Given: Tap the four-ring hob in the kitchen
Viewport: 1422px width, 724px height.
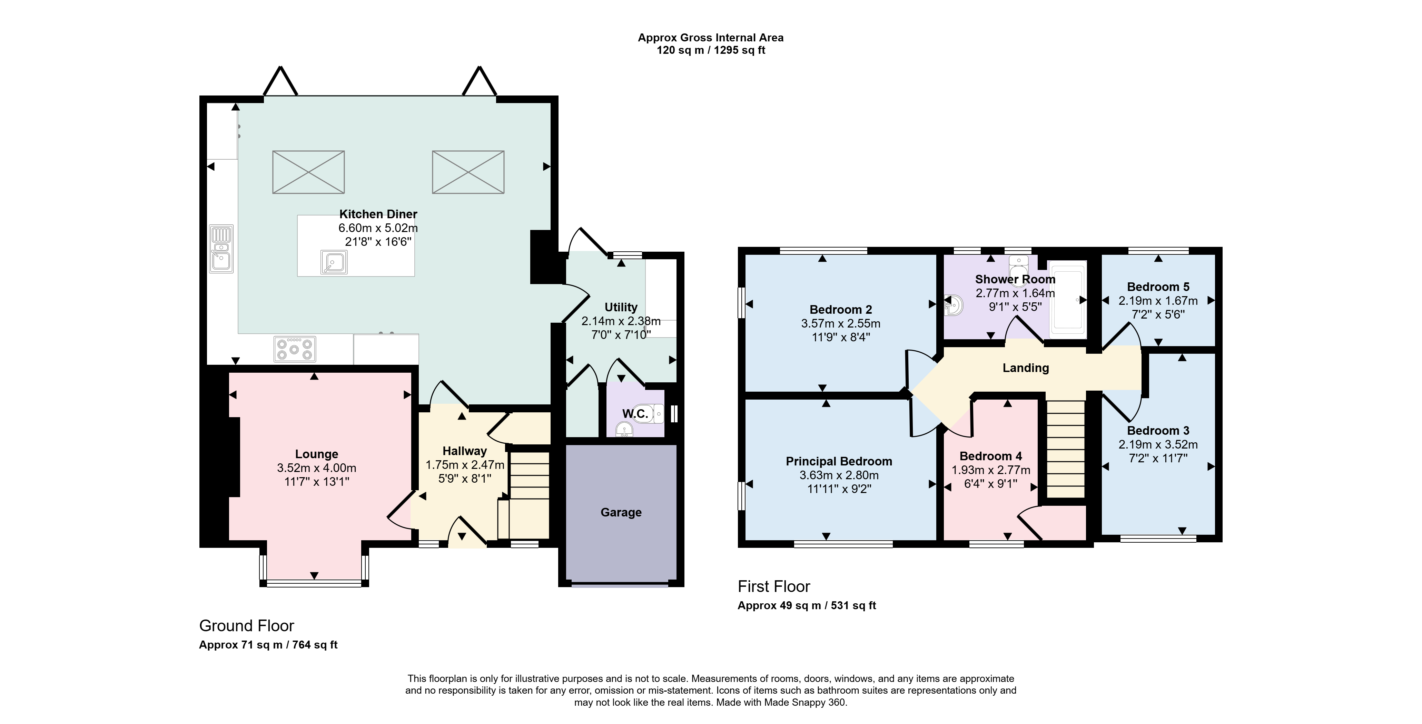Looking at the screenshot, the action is click(x=295, y=349).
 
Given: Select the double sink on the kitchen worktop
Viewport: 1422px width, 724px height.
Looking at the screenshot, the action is click(x=221, y=249).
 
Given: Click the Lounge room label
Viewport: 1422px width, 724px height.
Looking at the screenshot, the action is click(x=317, y=454).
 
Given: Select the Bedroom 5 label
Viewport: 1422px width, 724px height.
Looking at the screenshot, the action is click(x=1158, y=287).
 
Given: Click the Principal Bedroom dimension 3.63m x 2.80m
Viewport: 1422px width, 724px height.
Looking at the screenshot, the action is click(x=839, y=475).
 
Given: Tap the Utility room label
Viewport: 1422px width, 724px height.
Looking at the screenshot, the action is click(x=621, y=308).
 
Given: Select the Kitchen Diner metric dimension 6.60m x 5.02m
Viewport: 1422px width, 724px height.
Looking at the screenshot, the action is click(x=378, y=228).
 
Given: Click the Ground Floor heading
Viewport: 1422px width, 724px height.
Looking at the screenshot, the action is click(x=247, y=626).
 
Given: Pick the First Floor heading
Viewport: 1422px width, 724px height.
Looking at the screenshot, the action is click(x=774, y=586).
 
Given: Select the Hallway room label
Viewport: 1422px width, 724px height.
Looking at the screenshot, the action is click(x=465, y=451).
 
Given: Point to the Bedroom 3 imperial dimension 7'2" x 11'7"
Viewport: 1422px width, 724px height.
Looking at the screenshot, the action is click(x=1158, y=459).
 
